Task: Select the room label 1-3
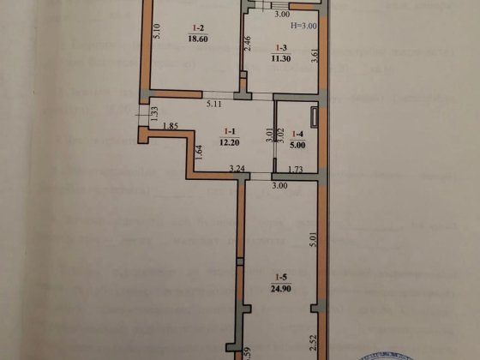point(280,49)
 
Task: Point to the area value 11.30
point(280,60)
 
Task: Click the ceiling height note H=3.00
point(303,27)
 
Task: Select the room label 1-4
point(297,134)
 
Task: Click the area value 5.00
point(297,145)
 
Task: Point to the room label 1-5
point(280,276)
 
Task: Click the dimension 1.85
point(170,127)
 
